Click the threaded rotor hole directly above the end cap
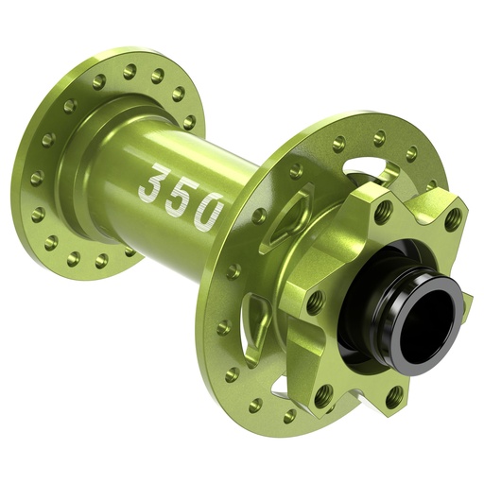point(384,212)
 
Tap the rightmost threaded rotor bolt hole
point(454,217)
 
